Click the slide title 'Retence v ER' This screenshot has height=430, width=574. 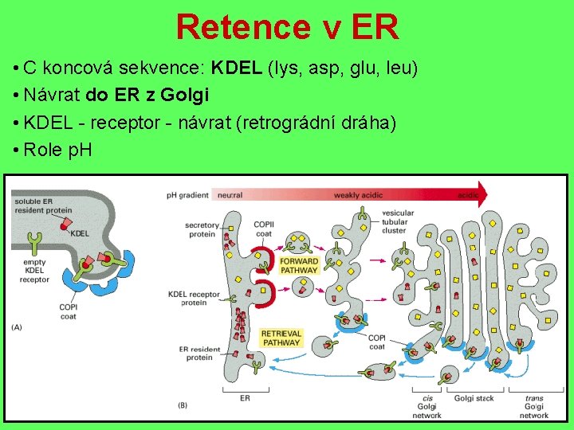[x=287, y=26]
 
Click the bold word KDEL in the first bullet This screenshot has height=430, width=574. [x=237, y=68]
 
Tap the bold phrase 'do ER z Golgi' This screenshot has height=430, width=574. [x=147, y=96]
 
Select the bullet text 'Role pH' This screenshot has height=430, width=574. [x=57, y=150]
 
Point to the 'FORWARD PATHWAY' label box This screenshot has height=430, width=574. [x=299, y=265]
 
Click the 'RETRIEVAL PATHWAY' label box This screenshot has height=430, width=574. [x=281, y=338]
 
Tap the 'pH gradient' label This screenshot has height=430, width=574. [x=187, y=195]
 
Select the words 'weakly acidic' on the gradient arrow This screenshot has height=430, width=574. [x=358, y=195]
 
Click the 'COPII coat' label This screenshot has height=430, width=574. [x=264, y=229]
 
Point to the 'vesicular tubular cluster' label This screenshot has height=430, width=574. [x=398, y=221]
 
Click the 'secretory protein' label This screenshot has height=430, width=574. [x=202, y=229]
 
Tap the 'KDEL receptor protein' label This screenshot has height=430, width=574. [x=194, y=299]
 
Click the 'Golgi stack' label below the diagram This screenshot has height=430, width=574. [x=474, y=398]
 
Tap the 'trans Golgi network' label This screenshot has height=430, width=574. [x=534, y=406]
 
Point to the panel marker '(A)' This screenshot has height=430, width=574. [x=18, y=326]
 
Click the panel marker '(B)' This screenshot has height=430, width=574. [x=182, y=405]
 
